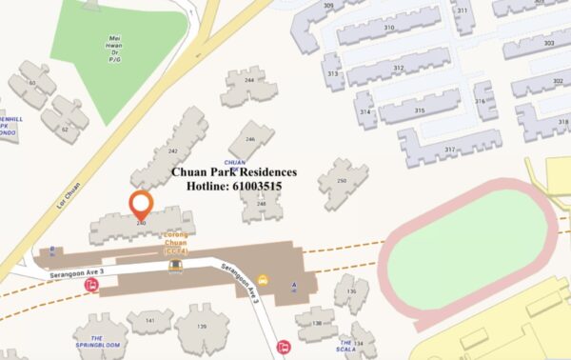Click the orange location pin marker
[x=141, y=203]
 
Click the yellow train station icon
[x=175, y=268]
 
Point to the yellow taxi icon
[x=263, y=281]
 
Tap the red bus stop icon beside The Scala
[x=283, y=347]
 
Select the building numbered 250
[x=341, y=180]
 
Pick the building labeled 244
[x=249, y=81]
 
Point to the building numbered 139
[x=201, y=327]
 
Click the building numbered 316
[x=480, y=101]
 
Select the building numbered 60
[x=32, y=84]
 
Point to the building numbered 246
[x=251, y=139]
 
